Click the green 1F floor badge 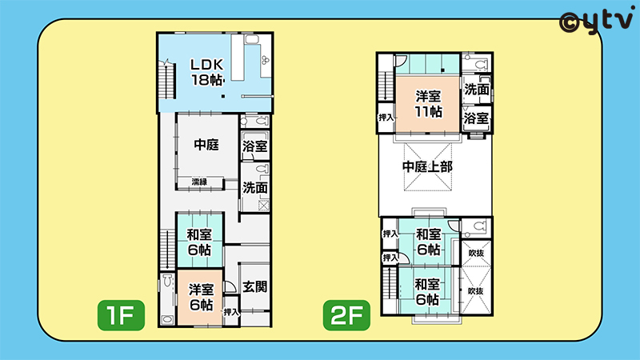pyautogui.click(x=121, y=315)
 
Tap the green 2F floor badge pyautogui.click(x=346, y=315)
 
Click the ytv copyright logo pyautogui.click(x=596, y=22)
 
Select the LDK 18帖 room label pyautogui.click(x=207, y=72)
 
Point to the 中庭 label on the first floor pyautogui.click(x=206, y=145)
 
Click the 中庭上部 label pyautogui.click(x=427, y=166)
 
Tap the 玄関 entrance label pyautogui.click(x=254, y=286)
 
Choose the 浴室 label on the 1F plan pyautogui.click(x=254, y=146)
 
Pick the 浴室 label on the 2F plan pyautogui.click(x=476, y=118)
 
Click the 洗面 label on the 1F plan pyautogui.click(x=254, y=188)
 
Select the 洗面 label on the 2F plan pyautogui.click(x=476, y=89)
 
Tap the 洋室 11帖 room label pyautogui.click(x=428, y=104)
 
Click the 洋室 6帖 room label pyautogui.click(x=201, y=297)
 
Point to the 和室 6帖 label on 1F pyautogui.click(x=199, y=242)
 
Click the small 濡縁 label pyautogui.click(x=199, y=182)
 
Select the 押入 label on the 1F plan pyautogui.click(x=231, y=312)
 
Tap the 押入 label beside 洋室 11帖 pyautogui.click(x=386, y=118)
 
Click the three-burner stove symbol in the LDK pyautogui.click(x=266, y=60)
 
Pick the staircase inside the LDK pyautogui.click(x=167, y=81)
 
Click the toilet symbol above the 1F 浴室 pyautogui.click(x=255, y=122)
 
